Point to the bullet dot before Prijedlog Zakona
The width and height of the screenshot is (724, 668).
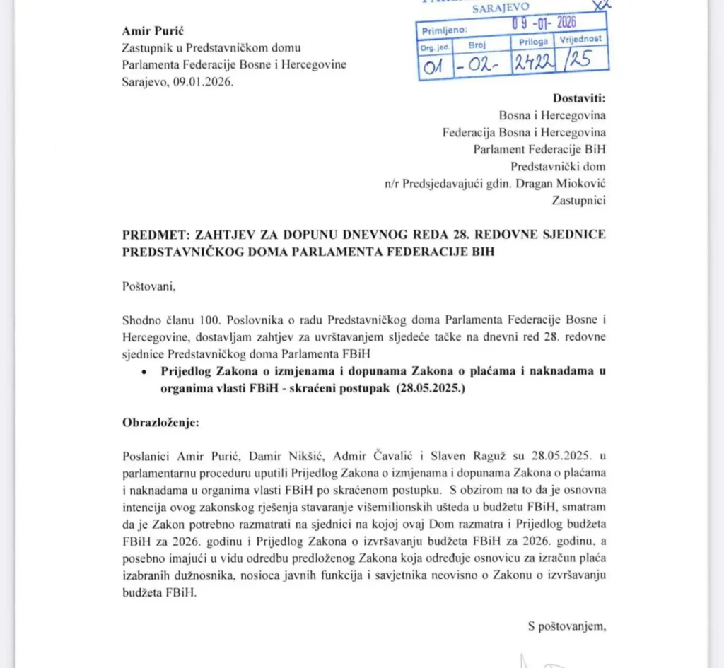tap(144, 370)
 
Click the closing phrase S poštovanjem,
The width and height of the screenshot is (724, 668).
tap(566, 625)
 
